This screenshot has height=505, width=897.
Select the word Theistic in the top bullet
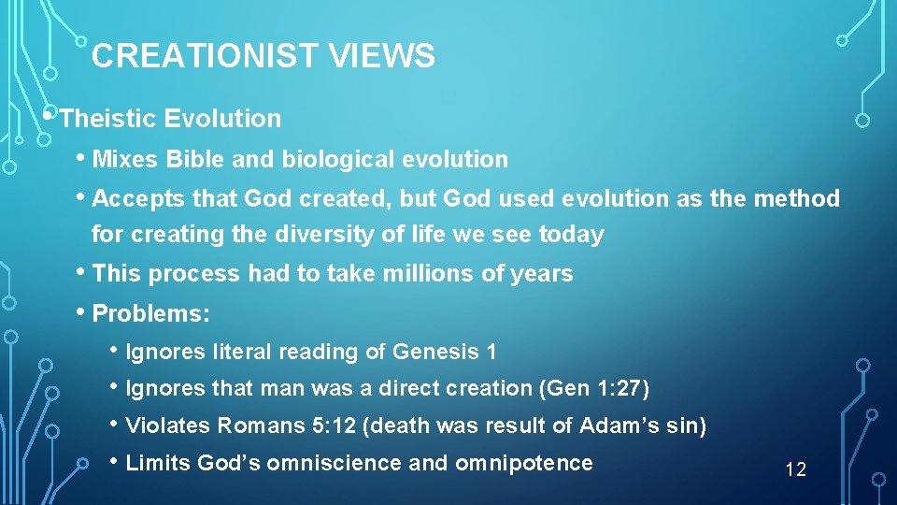tap(107, 119)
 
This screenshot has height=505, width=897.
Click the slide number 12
tap(795, 469)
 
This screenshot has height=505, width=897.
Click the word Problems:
tap(151, 314)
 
